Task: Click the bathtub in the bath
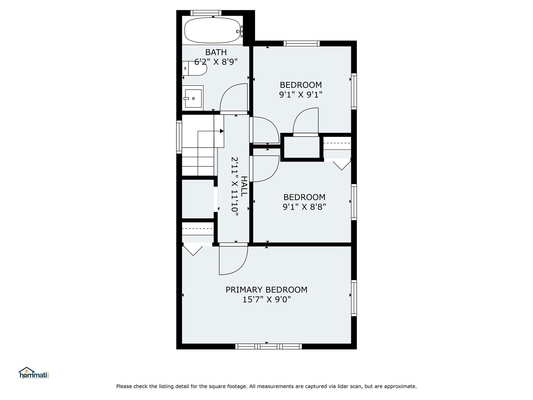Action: click(x=212, y=30)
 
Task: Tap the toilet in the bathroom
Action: click(x=195, y=68)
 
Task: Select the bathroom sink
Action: click(x=193, y=97)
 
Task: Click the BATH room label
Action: click(x=216, y=52)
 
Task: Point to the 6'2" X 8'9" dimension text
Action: click(x=216, y=62)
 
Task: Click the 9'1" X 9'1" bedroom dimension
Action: click(x=301, y=95)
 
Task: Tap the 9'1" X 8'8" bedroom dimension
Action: click(x=304, y=207)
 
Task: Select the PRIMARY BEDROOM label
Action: click(x=266, y=290)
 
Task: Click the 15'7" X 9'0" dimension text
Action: click(x=266, y=299)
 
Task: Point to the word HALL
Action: click(x=244, y=186)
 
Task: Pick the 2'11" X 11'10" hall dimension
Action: click(x=235, y=186)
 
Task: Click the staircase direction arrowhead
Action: click(x=222, y=131)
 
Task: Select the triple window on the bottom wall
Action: click(x=268, y=346)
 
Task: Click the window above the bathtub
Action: click(x=206, y=13)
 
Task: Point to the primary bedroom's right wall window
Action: click(x=354, y=298)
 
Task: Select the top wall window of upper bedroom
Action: click(x=302, y=43)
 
